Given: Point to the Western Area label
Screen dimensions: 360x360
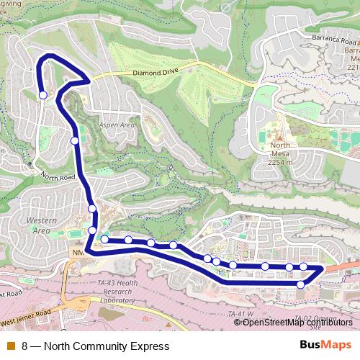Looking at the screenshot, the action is tap(37, 225).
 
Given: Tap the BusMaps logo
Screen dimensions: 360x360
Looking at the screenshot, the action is tap(325, 346).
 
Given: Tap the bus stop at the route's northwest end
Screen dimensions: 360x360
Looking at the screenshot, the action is tap(42, 94).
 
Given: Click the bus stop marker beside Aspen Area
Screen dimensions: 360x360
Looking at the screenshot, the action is tap(75, 140).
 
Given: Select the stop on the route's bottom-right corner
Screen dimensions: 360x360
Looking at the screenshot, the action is tap(301, 284).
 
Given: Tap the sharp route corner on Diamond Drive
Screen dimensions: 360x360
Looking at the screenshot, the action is tap(89, 81).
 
